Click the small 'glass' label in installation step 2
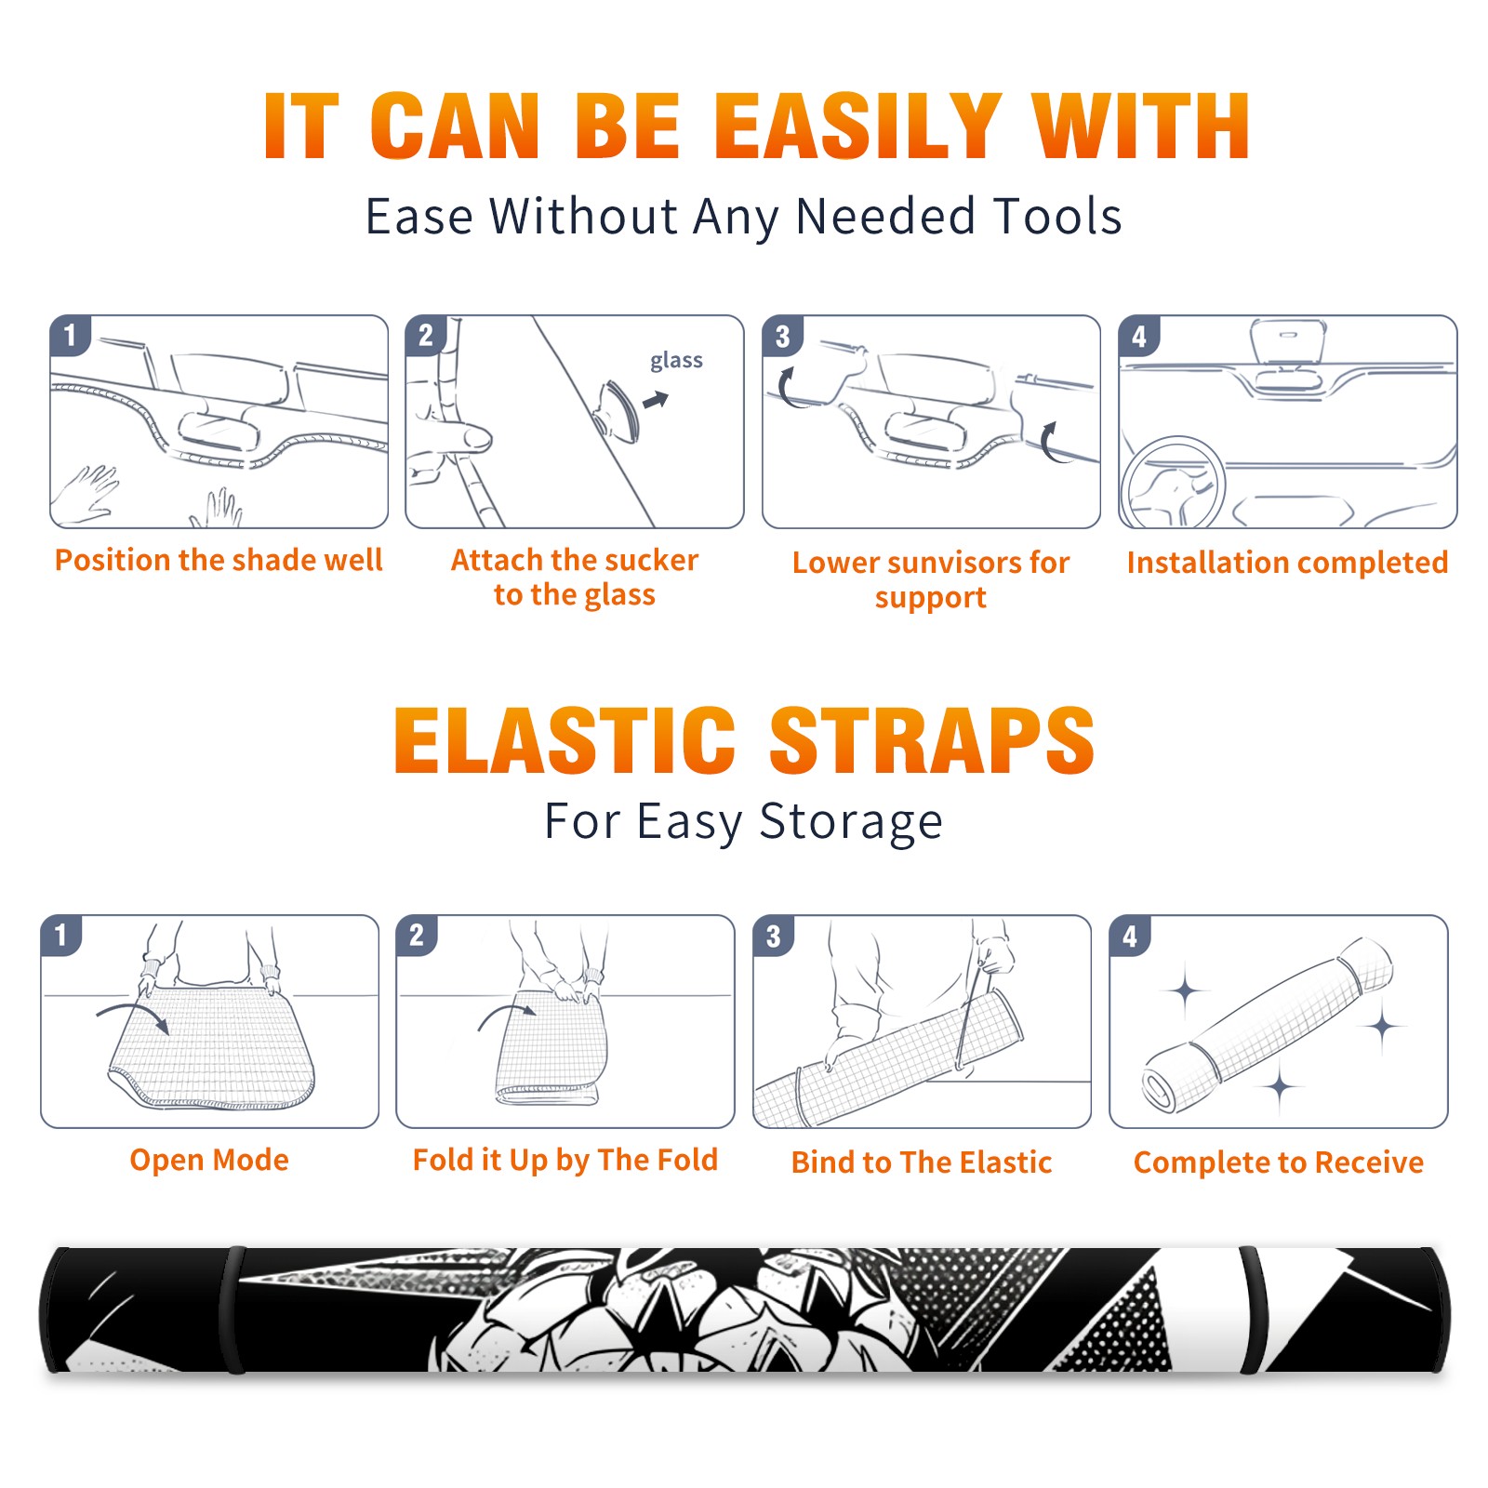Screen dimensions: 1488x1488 tap(676, 361)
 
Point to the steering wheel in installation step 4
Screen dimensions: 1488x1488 tap(1173, 484)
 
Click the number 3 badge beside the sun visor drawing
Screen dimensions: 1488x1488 tap(782, 336)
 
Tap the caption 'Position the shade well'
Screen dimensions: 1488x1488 tap(219, 560)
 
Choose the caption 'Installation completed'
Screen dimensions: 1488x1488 tap(1287, 563)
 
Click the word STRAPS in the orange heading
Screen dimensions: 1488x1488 tap(932, 740)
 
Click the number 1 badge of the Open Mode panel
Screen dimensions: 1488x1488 tap(61, 936)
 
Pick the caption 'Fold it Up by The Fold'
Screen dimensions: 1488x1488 tap(565, 1161)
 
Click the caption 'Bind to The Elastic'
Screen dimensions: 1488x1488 tap(922, 1162)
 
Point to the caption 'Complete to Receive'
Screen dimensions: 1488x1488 tap(1279, 1162)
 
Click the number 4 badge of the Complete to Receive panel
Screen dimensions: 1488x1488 tap(1130, 936)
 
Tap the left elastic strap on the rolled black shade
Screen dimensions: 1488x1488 tap(233, 1309)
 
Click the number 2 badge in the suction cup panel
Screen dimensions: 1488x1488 tap(426, 336)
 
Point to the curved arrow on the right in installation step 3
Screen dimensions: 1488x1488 tap(1050, 442)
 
